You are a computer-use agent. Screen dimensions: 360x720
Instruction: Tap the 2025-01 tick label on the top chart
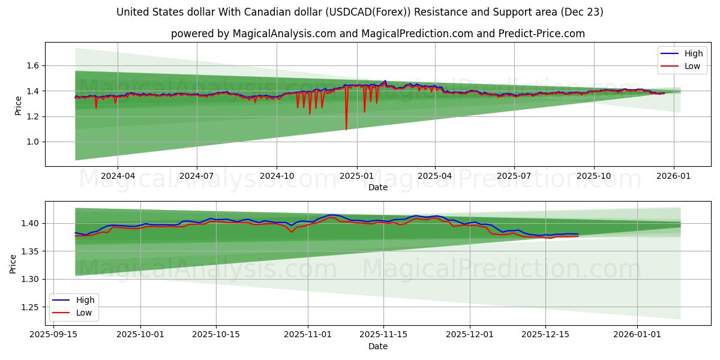click(357, 176)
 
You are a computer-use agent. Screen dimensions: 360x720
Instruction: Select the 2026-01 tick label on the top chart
click(673, 176)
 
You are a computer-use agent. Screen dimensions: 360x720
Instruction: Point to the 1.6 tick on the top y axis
click(34, 65)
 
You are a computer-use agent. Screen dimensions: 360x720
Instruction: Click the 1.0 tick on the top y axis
click(34, 142)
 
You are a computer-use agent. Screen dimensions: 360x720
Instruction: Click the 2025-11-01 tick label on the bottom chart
click(308, 335)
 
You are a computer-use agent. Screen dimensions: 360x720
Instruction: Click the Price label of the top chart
click(18, 106)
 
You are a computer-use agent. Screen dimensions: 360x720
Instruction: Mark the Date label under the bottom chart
click(378, 346)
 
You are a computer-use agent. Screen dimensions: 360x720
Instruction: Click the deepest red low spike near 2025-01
click(346, 128)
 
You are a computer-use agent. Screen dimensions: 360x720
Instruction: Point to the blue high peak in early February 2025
click(385, 81)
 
